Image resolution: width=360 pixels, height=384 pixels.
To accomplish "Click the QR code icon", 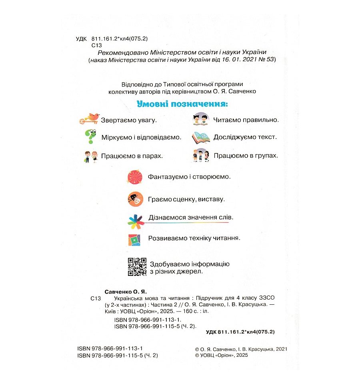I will click(137, 267).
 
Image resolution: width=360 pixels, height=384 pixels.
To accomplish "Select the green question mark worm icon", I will click(90, 136).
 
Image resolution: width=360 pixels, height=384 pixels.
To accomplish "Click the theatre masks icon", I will click(135, 199).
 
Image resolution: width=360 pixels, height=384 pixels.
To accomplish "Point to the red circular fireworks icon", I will click(135, 177).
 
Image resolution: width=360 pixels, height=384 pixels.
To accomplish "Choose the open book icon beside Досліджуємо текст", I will click(201, 137).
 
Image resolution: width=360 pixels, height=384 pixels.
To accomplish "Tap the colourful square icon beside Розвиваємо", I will click(135, 239).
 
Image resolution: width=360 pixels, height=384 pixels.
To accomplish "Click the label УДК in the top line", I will click(80, 39).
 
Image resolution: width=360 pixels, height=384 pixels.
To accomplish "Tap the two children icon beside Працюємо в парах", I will click(90, 156).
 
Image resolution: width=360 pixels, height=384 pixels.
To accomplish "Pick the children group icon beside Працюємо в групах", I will click(201, 155).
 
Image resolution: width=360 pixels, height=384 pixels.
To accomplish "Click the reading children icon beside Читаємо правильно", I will click(201, 119).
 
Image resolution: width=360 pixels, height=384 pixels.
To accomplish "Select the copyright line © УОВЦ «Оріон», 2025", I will click(221, 355).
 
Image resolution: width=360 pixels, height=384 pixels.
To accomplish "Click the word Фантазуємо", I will click(166, 176).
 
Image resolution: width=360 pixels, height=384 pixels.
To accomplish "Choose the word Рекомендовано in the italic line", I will click(118, 52).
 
